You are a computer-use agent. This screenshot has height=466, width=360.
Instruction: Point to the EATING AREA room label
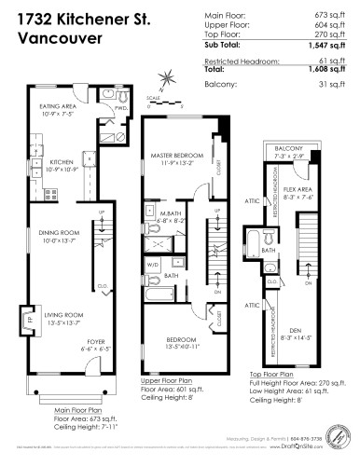(58, 107)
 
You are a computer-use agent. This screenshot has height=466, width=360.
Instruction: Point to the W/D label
(152, 264)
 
